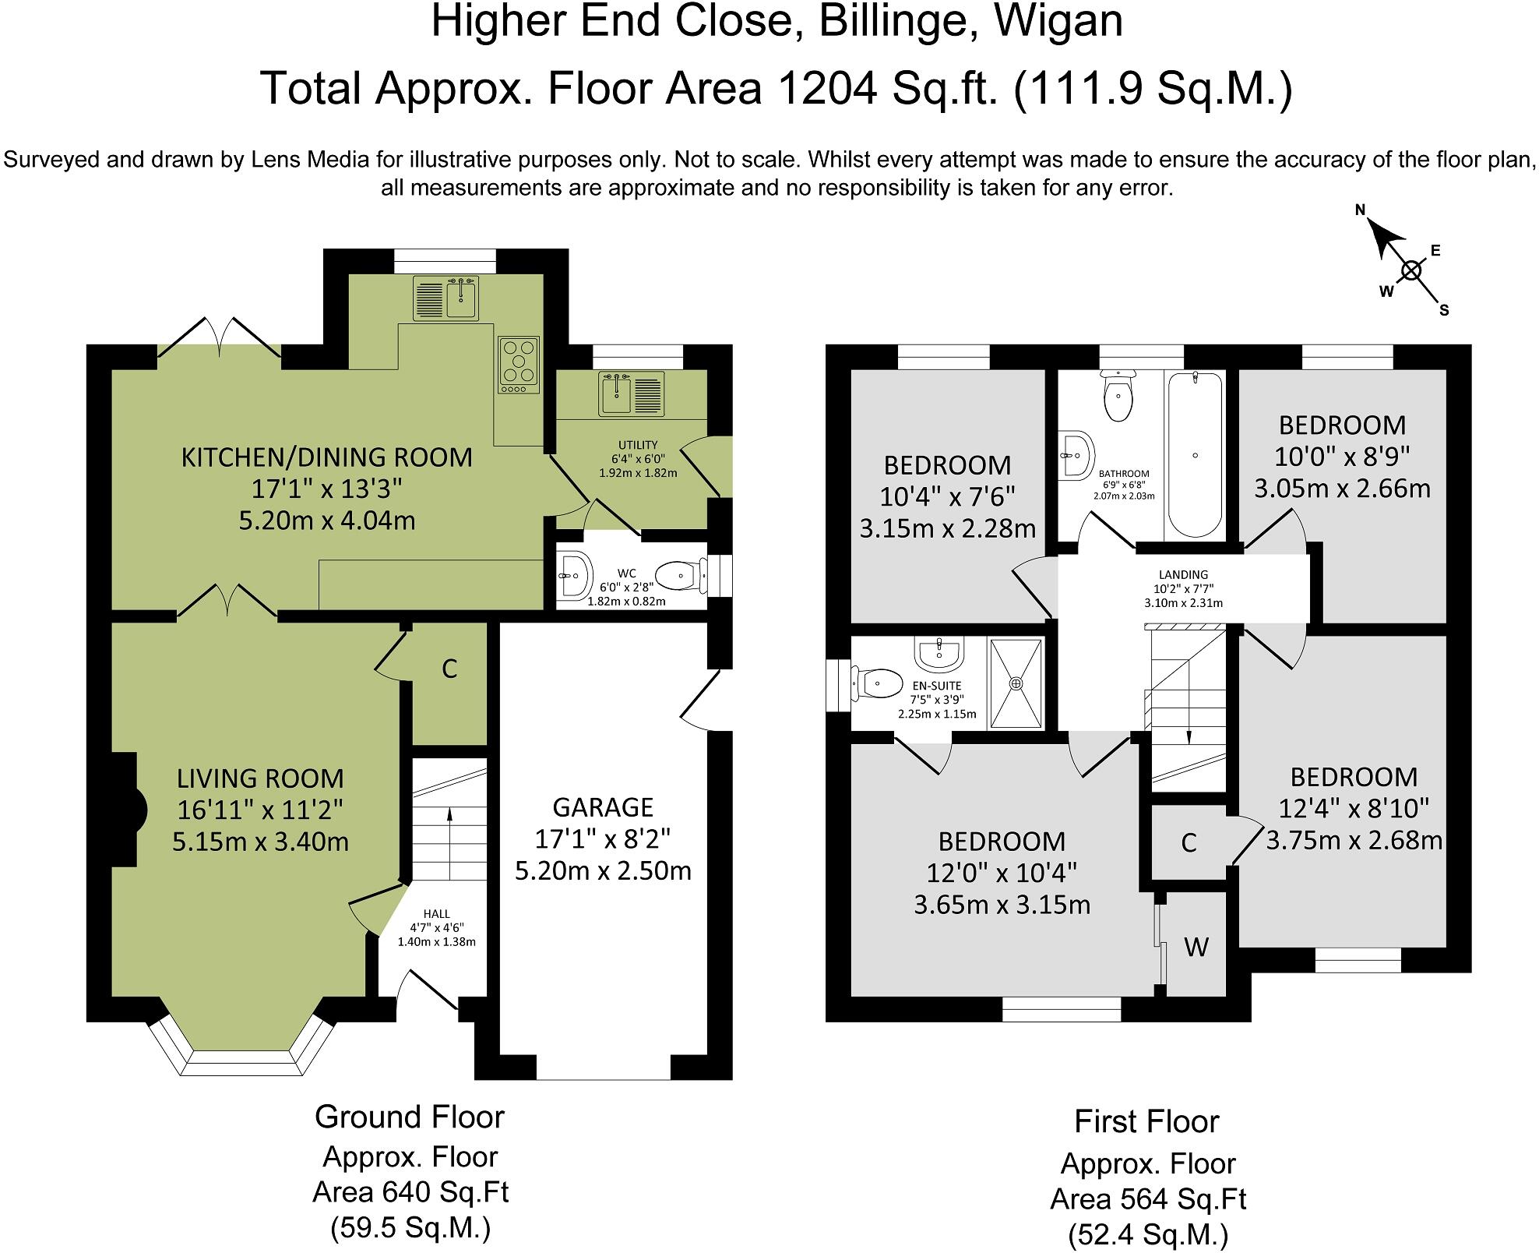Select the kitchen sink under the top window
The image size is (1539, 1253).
pos(447,298)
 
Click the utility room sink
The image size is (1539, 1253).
pos(632,394)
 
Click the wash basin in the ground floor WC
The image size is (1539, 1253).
pos(575,576)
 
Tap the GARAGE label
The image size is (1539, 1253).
pos(602,807)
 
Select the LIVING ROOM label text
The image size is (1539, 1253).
pos(260,778)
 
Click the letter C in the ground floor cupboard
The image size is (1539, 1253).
pos(449,669)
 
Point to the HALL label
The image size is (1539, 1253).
pos(436,913)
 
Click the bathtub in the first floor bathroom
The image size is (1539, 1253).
pos(1195,454)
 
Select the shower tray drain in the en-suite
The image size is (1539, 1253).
pos(1016,683)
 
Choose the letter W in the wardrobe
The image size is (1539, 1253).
pos(1196,947)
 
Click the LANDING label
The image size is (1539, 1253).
pos(1184,575)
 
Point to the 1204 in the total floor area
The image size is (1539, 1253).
pos(827,88)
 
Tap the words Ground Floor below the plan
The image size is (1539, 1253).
pos(410,1117)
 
